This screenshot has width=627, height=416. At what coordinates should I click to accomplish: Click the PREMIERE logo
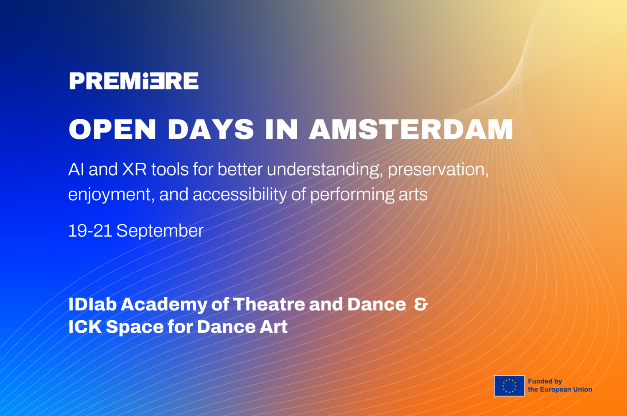click(x=134, y=81)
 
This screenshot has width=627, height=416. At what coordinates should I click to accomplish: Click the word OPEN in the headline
click(x=112, y=129)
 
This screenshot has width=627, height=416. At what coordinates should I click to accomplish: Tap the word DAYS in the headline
click(x=211, y=129)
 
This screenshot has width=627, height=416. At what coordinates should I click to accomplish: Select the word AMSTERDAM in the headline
click(x=411, y=129)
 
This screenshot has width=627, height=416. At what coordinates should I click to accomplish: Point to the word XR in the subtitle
click(x=134, y=169)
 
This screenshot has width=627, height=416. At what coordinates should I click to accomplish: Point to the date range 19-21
click(x=90, y=231)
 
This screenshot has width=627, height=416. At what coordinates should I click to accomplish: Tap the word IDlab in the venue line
click(x=92, y=304)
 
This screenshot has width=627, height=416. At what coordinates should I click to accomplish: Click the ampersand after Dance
click(x=421, y=304)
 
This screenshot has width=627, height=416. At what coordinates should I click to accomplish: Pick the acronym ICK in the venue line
click(x=85, y=327)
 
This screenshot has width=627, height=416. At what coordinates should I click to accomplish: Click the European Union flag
click(x=509, y=386)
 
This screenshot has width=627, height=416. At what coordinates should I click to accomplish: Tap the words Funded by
click(x=545, y=382)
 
